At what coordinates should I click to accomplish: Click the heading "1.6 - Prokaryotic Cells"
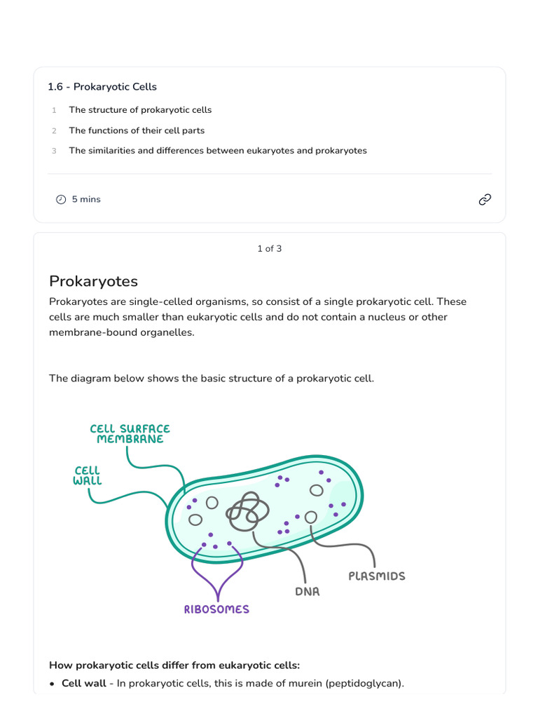pyautogui.click(x=102, y=87)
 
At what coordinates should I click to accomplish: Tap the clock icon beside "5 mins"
pyautogui.click(x=61, y=200)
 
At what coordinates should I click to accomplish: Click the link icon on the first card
pyautogui.click(x=485, y=200)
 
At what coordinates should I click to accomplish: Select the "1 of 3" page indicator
pyautogui.click(x=269, y=249)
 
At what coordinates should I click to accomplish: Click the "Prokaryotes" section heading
pyautogui.click(x=93, y=281)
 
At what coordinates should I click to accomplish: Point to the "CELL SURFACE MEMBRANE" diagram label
pyautogui.click(x=130, y=434)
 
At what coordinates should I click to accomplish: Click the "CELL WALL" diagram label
pyautogui.click(x=88, y=476)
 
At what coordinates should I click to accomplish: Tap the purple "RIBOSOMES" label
pyautogui.click(x=216, y=609)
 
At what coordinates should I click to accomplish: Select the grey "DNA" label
pyautogui.click(x=308, y=592)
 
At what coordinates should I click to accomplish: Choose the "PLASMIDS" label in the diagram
pyautogui.click(x=377, y=576)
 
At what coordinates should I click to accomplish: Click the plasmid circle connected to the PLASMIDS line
pyautogui.click(x=310, y=517)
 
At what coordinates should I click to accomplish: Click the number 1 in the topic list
pyautogui.click(x=54, y=111)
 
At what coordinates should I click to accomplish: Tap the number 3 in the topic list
pyautogui.click(x=54, y=151)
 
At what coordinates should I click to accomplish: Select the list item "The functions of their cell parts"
pyautogui.click(x=137, y=130)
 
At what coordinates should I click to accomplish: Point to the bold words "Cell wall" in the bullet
pyautogui.click(x=84, y=683)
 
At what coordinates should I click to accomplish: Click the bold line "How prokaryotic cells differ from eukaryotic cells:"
pyautogui.click(x=174, y=665)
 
